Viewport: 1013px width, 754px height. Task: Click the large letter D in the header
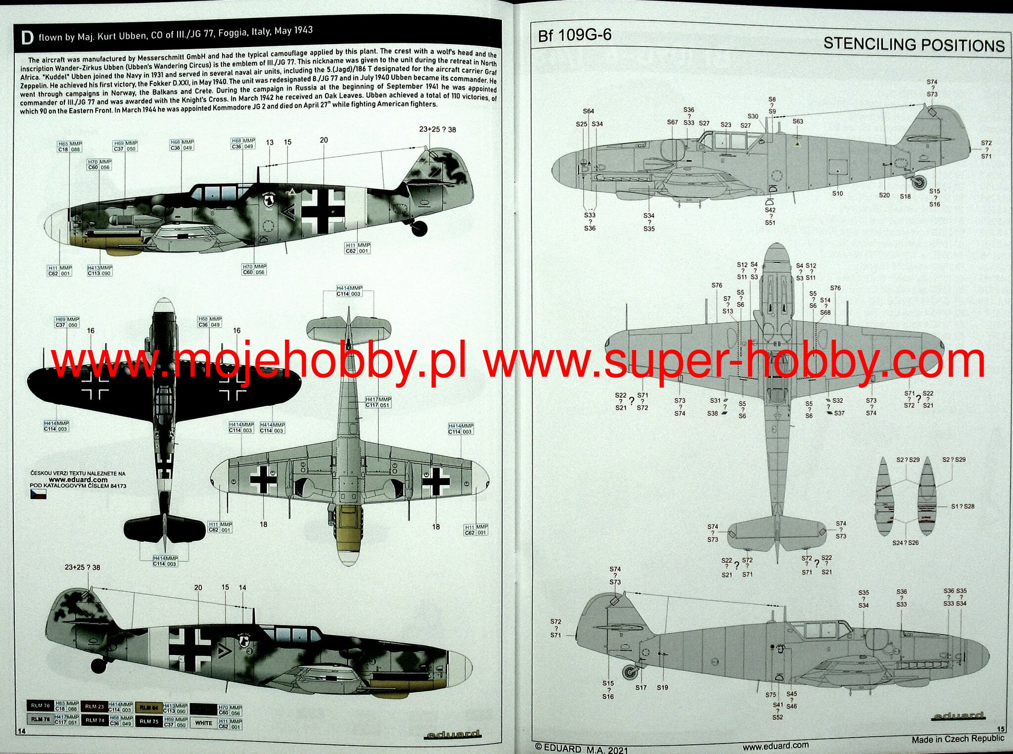28,38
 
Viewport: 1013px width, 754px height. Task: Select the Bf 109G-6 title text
575,35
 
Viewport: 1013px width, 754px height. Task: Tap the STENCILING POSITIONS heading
914,44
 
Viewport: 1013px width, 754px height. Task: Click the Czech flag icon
38,494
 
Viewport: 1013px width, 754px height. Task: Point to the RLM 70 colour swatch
40,706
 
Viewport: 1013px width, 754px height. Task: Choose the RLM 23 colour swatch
94,707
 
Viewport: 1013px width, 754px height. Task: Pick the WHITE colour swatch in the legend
203,723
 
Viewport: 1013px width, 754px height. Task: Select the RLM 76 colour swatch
40,719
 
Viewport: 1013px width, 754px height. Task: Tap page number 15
1001,729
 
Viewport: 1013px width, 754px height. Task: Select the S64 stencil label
588,111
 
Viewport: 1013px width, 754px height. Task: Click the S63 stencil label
798,121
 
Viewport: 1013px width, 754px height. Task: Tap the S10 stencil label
837,193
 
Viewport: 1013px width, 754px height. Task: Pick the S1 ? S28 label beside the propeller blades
962,506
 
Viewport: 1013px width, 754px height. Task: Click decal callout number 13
270,142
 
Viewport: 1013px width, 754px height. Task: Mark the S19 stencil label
662,687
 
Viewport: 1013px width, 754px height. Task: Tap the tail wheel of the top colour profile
418,228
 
